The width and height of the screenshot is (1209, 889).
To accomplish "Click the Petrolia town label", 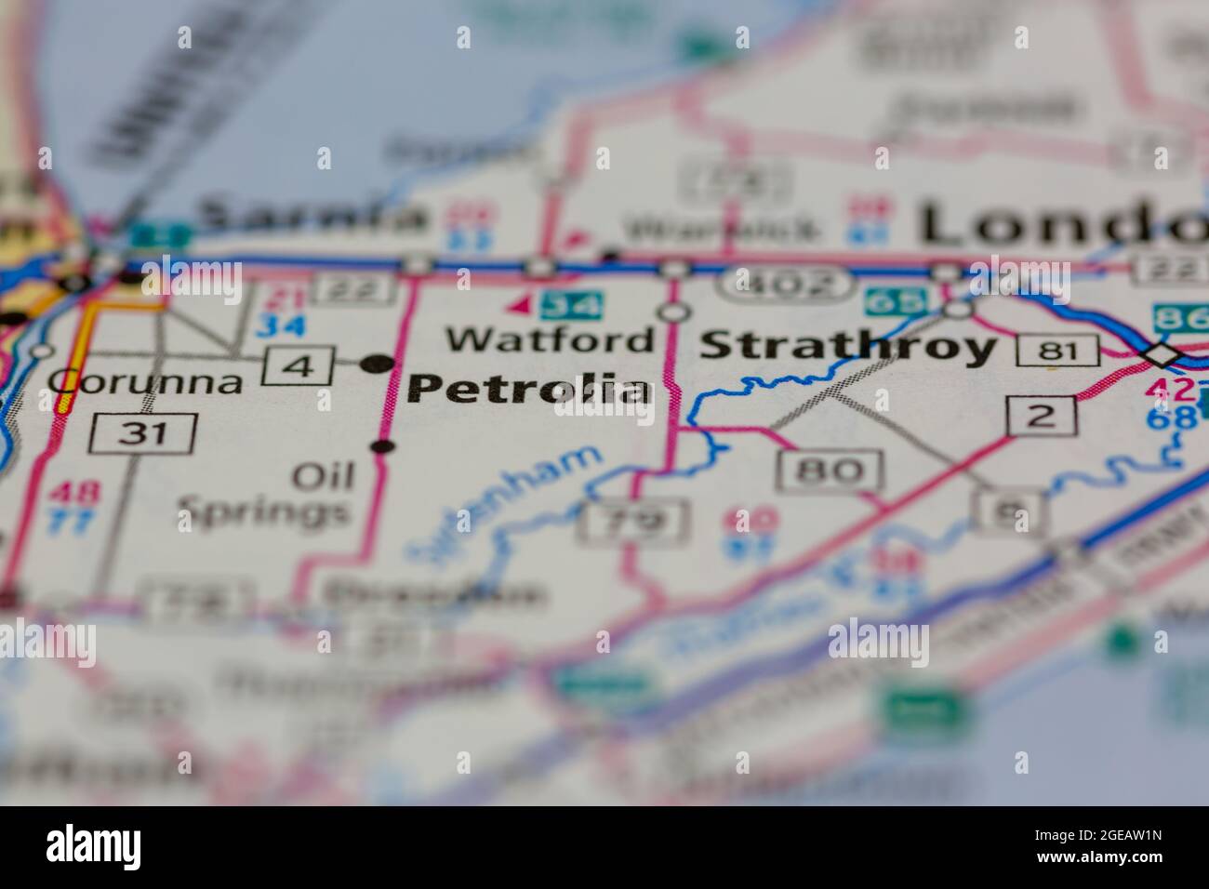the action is (x=528, y=389).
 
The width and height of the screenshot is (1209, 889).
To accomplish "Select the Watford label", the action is (x=550, y=339).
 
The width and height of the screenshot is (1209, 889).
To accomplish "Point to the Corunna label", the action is (x=145, y=381).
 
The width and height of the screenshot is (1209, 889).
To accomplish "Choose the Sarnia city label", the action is (x=312, y=217).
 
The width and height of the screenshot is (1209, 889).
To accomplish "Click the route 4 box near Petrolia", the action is (x=299, y=365).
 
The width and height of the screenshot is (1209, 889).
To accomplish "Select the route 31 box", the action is (x=144, y=433).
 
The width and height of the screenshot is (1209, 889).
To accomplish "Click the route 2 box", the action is (x=1041, y=416).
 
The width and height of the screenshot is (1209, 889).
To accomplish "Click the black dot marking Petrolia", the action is (x=377, y=362).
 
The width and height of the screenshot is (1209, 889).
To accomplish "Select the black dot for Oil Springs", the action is (x=382, y=447).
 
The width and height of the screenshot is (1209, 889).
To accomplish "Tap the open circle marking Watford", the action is (x=672, y=312).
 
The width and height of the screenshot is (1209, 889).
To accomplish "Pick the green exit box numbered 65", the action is (x=897, y=301).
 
